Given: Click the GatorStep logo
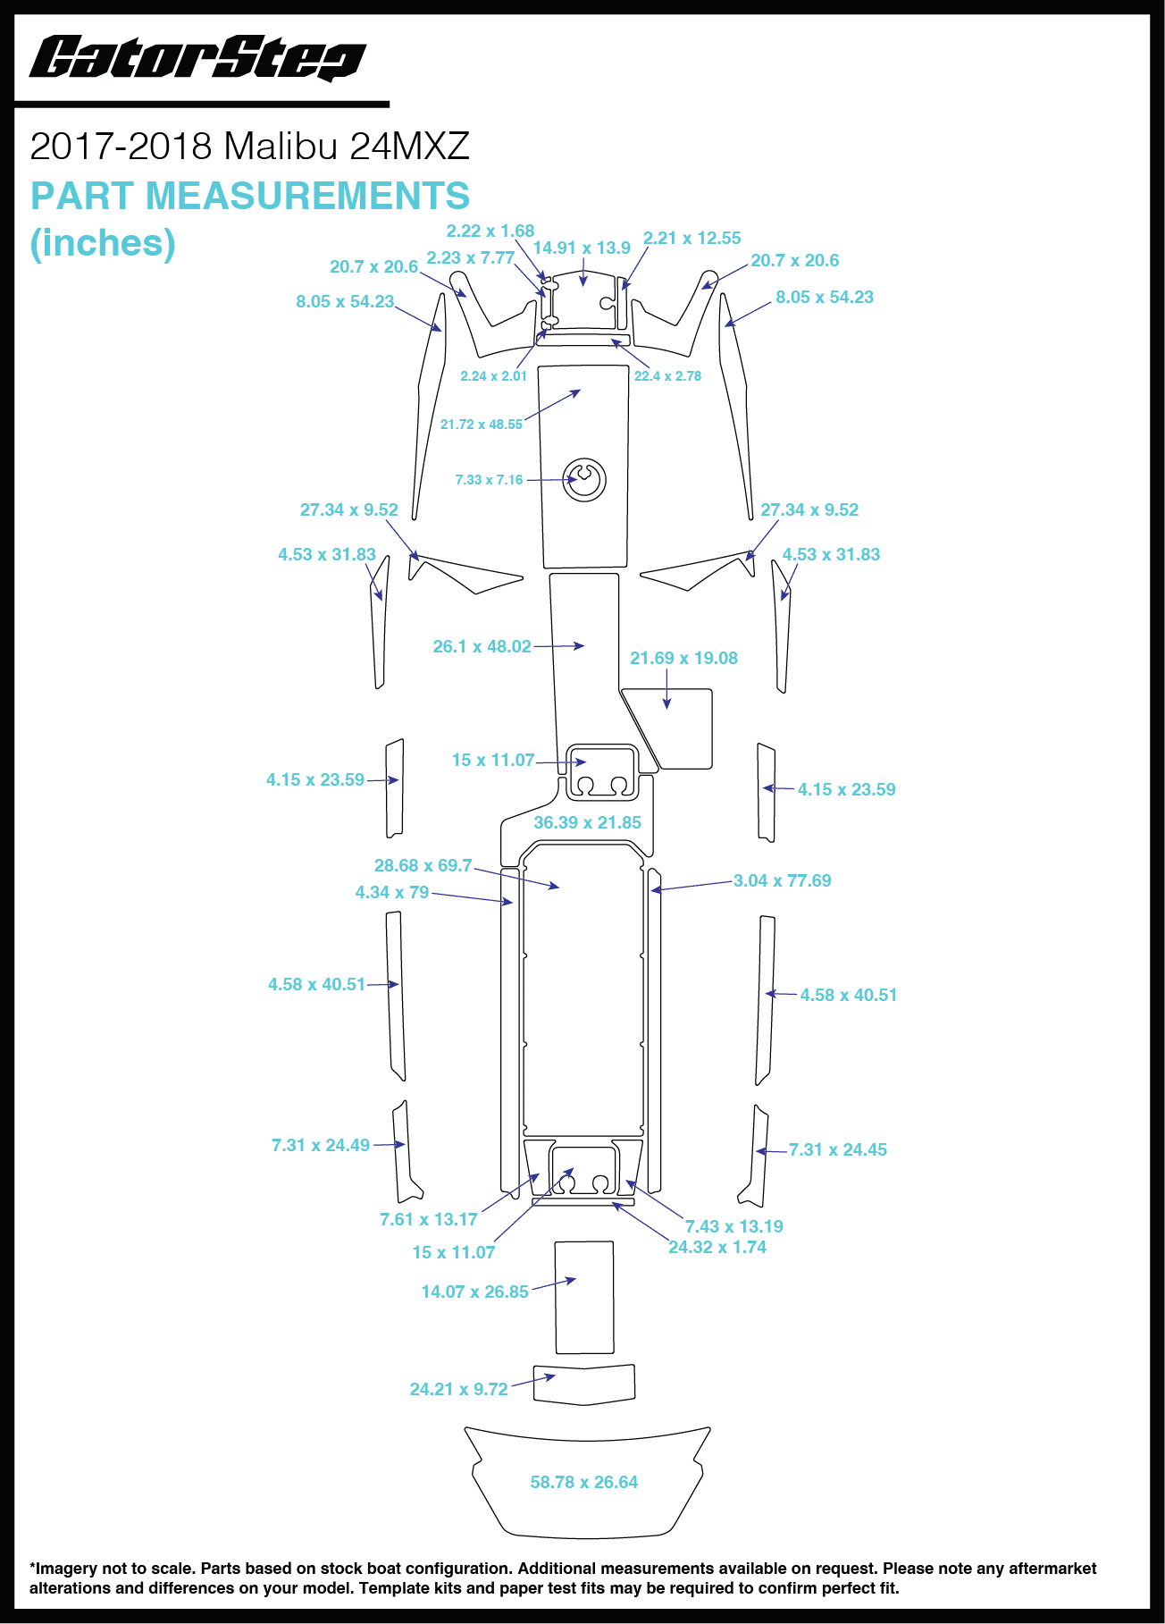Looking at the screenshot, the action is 197,58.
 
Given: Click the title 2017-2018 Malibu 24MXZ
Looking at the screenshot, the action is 250,146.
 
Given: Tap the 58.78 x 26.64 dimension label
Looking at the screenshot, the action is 584,1482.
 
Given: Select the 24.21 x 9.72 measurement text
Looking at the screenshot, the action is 458,1389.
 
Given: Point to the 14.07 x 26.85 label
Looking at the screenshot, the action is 475,1292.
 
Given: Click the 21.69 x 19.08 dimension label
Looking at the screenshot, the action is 683,658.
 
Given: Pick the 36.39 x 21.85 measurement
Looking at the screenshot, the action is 587,822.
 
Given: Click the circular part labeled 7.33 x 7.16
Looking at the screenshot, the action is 584,479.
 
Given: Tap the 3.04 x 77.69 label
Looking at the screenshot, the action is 783,880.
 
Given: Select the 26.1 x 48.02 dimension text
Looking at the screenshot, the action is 482,646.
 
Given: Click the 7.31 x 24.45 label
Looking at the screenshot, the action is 838,1149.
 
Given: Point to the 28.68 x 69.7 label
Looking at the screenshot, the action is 423,865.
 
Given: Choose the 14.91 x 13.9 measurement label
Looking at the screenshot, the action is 582,248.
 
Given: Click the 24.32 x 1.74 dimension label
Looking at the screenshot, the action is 717,1247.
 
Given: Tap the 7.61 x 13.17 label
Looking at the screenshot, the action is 429,1219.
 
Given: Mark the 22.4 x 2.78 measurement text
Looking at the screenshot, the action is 667,376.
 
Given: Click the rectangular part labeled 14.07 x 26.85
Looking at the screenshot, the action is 584,1298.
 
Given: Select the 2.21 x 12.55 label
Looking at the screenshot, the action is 692,238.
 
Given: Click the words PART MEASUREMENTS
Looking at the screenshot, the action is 250,196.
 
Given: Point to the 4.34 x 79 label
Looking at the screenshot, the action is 392,892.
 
